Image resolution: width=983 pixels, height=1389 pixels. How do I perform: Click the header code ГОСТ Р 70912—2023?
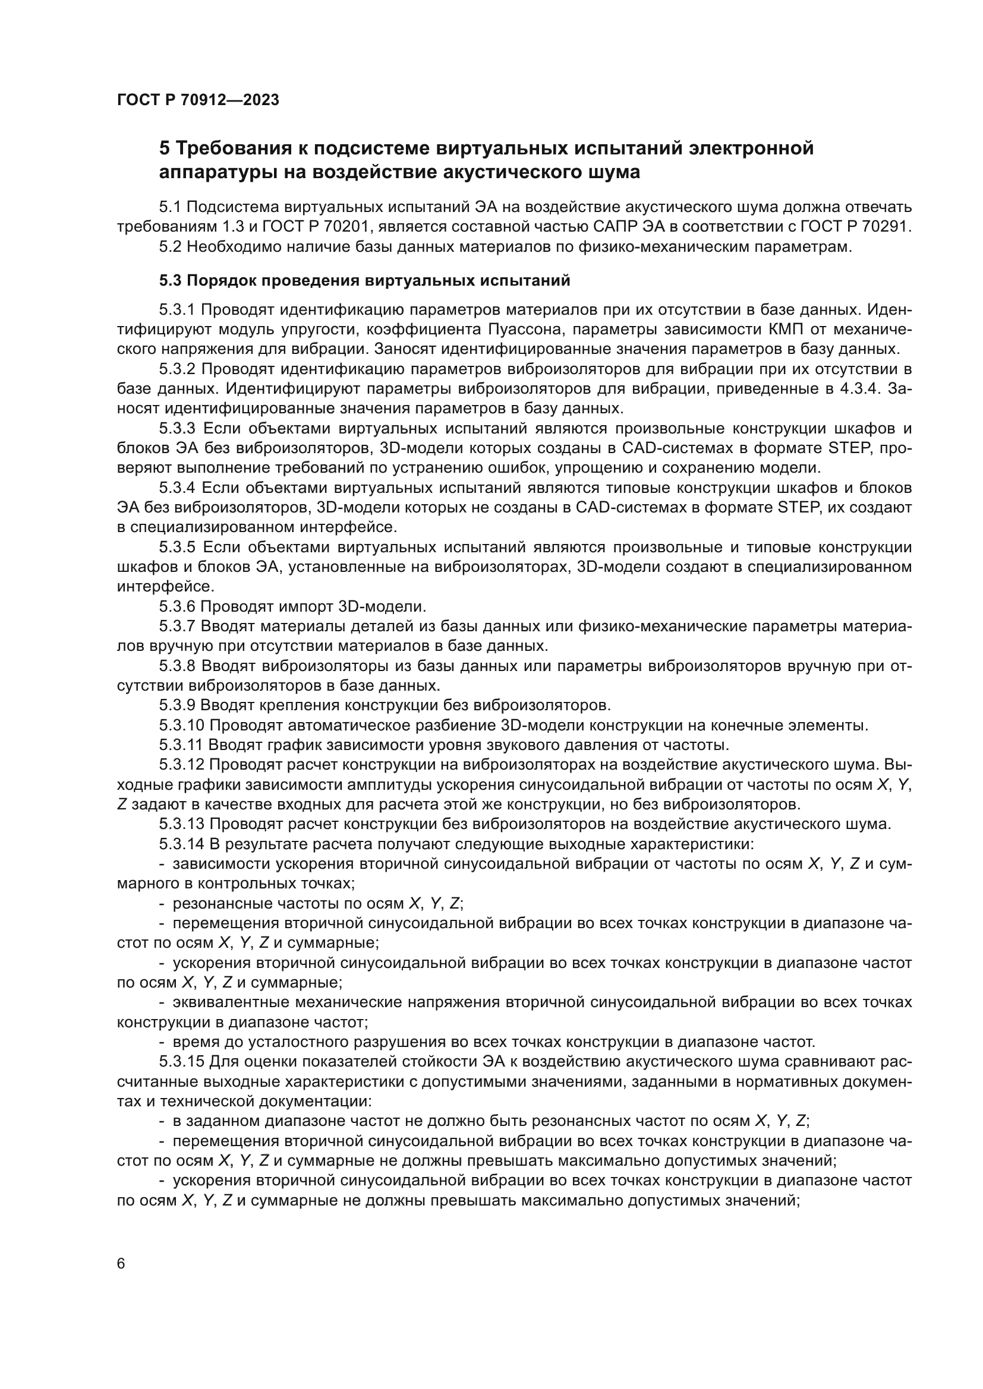click(198, 100)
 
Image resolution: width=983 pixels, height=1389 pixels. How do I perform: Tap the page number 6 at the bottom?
click(121, 1263)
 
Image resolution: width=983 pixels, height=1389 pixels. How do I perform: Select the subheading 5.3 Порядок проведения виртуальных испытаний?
click(364, 281)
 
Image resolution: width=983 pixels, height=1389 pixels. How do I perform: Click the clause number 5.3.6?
click(177, 606)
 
